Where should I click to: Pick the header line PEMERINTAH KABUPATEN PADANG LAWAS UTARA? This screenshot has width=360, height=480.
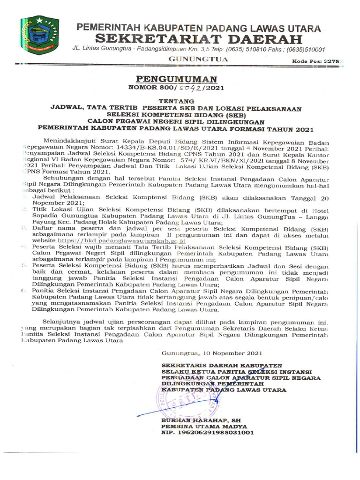tap(199, 28)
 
